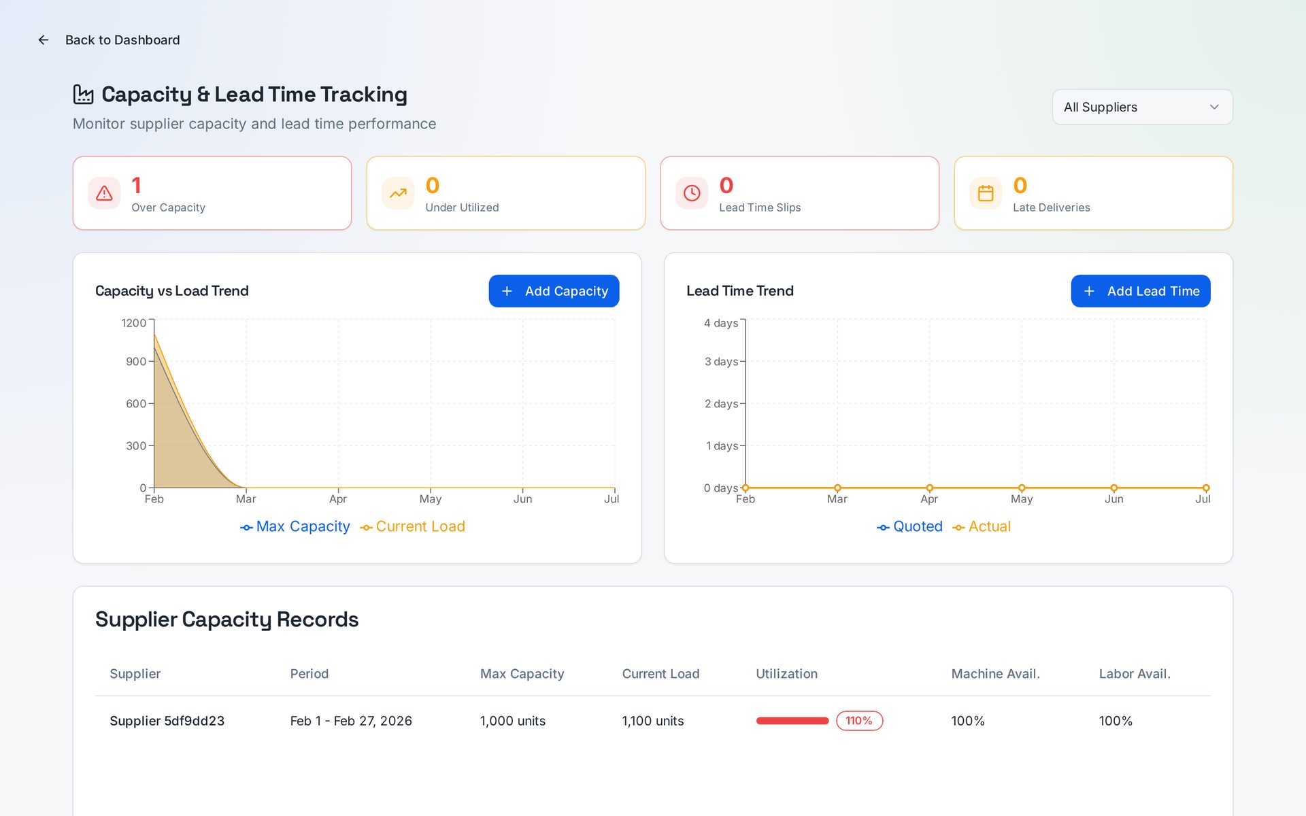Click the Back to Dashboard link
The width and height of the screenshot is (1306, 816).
point(109,40)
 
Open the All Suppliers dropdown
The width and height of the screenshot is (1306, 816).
point(1142,107)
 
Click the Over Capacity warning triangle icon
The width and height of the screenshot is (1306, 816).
point(104,193)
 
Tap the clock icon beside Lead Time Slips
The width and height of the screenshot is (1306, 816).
point(692,193)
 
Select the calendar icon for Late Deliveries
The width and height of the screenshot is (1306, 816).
point(986,193)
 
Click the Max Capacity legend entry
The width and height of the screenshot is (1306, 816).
point(295,526)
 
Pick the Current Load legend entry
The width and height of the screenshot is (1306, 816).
point(413,526)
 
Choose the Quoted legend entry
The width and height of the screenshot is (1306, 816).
point(910,526)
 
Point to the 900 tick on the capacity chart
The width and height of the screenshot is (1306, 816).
point(136,361)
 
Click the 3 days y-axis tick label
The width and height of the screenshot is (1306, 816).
point(721,361)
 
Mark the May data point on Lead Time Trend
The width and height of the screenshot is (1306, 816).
point(1022,488)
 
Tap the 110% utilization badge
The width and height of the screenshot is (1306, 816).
point(859,721)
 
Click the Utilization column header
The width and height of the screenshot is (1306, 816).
point(786,674)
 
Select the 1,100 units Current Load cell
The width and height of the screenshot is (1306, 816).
point(653,721)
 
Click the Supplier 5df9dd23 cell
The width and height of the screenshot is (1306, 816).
point(167,721)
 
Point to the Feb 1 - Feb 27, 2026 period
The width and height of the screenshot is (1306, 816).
point(351,721)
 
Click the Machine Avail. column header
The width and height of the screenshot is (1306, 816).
point(995,674)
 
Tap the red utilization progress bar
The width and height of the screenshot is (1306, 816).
point(792,721)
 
